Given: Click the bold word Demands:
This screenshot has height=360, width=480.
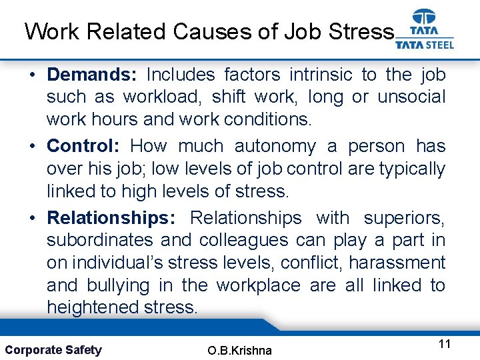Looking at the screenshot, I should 90,74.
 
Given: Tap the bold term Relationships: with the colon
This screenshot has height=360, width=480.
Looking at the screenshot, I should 111,217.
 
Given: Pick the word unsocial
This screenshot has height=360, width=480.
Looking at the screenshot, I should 411,97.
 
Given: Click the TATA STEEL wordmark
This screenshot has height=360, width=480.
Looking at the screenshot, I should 425,45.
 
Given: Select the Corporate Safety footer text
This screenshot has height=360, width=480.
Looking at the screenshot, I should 53,349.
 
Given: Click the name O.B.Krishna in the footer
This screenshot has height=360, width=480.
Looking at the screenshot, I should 240,350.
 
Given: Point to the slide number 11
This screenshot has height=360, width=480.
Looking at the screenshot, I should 445,344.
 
